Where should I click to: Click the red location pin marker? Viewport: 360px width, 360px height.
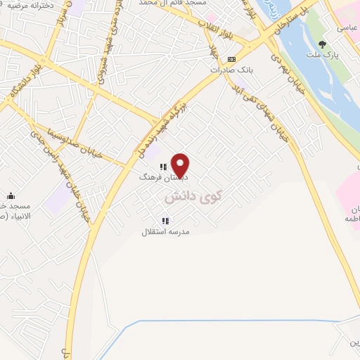181,165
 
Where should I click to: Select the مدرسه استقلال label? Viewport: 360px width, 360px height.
166,231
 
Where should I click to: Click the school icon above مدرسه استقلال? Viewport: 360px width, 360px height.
165,220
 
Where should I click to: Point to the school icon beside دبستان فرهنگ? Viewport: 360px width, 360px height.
162,167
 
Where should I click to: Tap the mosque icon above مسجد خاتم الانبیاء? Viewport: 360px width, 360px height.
11,196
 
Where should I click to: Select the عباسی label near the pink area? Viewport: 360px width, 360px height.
347,27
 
